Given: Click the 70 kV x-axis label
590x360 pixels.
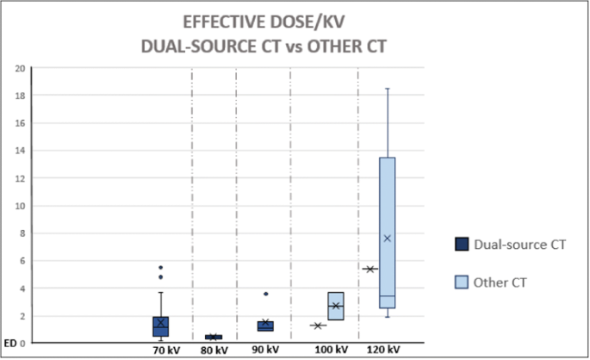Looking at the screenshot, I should coord(166,350).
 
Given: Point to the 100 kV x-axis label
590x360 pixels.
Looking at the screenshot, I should coord(331,350).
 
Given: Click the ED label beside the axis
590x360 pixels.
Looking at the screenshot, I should coord(8,344).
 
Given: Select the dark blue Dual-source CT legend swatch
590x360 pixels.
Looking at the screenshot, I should coord(462,245).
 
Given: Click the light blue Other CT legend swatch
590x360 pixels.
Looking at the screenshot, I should coord(462,282).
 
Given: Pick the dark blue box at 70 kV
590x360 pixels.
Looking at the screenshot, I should coord(160,326).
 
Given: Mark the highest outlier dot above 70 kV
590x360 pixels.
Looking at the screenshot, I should coord(160,267).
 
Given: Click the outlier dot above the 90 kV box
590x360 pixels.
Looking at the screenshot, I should coord(265,294).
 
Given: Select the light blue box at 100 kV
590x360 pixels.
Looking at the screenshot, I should coord(337,306).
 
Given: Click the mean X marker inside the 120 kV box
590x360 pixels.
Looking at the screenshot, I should coord(387,238).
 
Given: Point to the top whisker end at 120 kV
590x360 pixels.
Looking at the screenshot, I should coord(387,88).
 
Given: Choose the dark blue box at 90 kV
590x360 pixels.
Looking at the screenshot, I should coord(265,326).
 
